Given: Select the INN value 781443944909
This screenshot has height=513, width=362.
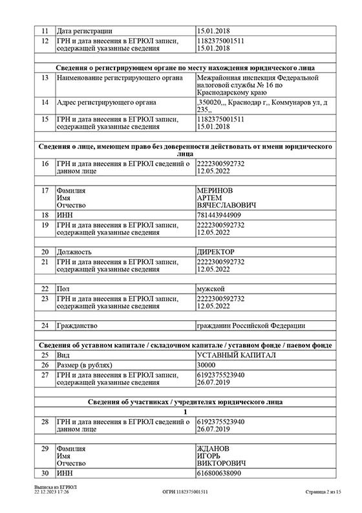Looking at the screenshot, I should [x=219, y=214].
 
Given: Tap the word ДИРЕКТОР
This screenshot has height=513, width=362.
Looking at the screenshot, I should [x=215, y=251].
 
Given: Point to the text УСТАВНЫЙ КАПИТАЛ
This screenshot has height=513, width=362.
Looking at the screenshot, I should [x=236, y=355].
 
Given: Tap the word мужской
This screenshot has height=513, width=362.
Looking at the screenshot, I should [x=211, y=288].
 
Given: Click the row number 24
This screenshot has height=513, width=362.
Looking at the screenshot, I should [x=45, y=325].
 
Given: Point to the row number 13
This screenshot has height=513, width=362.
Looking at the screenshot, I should [x=45, y=78].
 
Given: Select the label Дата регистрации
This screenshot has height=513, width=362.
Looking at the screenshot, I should [x=85, y=30].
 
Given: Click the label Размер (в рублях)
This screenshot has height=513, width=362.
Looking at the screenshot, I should [x=85, y=365].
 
